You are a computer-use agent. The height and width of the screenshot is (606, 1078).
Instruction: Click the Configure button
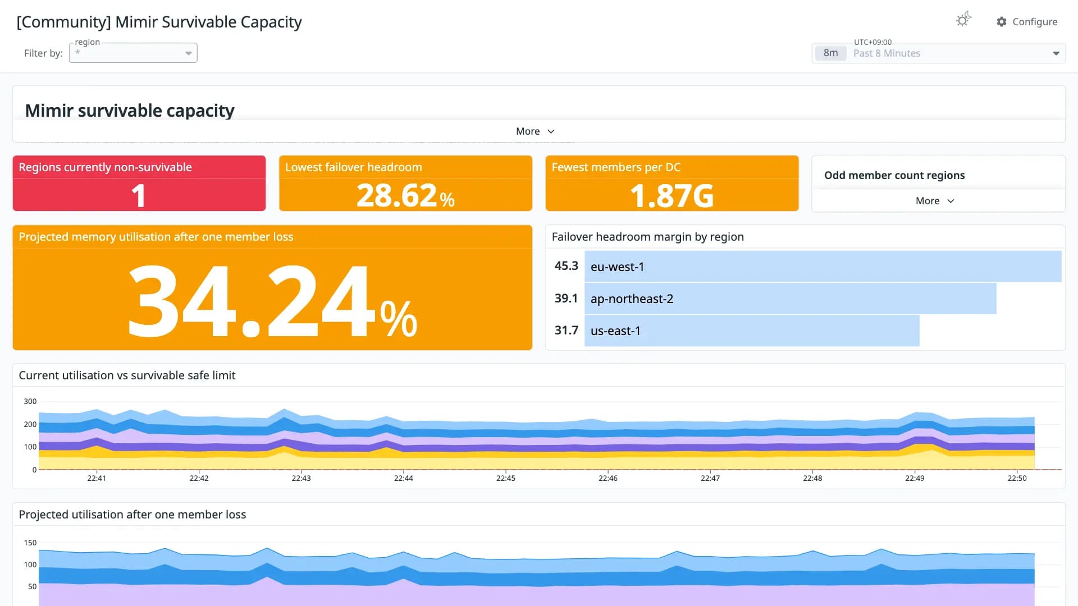coord(1027,22)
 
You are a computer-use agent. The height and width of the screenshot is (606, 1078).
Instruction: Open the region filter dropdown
coord(133,53)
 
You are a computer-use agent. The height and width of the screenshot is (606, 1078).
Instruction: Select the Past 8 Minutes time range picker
coord(938,53)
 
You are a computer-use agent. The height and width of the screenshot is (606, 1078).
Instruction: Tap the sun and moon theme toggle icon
coord(963,20)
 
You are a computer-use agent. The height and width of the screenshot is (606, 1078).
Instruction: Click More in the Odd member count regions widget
coord(935,201)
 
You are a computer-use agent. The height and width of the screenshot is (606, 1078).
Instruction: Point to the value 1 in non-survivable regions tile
coord(139,196)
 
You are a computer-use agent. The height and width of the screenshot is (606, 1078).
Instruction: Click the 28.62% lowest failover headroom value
coord(405,196)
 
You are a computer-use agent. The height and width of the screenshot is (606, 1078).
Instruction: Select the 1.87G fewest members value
coord(672,196)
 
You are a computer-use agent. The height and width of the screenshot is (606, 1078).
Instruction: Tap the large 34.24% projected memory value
coord(273,301)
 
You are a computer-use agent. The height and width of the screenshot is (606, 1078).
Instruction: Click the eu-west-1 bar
coord(823,267)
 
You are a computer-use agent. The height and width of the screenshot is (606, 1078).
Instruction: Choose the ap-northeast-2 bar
coord(791,299)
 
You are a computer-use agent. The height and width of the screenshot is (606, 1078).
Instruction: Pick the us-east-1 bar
coord(752,330)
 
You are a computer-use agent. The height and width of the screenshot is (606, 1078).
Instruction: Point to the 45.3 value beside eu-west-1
coord(566,266)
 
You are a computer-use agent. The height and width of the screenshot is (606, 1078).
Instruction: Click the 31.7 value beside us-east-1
coord(566,330)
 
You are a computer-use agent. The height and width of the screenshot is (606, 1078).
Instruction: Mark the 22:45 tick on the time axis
coord(506,478)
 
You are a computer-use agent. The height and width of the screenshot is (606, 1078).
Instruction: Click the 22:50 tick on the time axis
coord(1017,478)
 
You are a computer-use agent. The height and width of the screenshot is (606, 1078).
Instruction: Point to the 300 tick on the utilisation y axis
coord(30,401)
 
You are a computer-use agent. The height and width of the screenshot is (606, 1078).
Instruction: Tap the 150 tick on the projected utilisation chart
coord(30,543)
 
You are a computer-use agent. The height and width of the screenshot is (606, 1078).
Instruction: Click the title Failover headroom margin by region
coord(648,237)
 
